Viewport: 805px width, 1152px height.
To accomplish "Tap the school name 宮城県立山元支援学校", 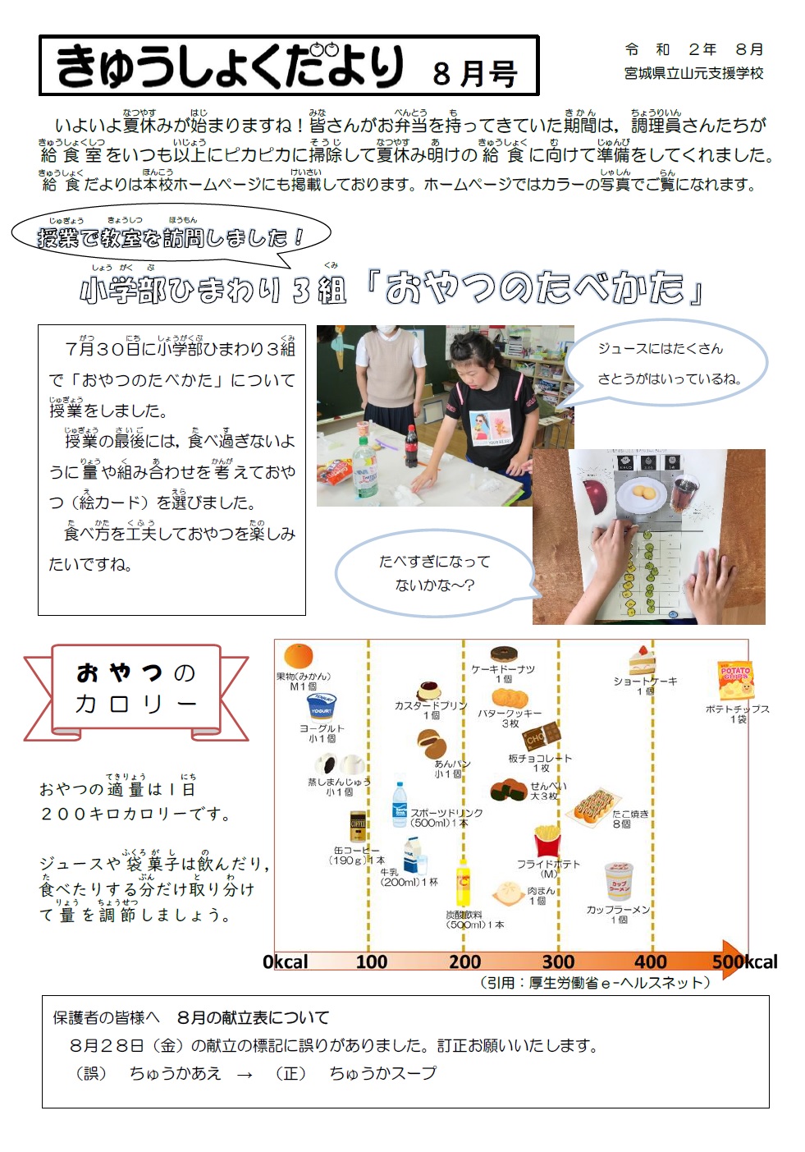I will tap(693, 73).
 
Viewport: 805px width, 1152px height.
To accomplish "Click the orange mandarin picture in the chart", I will tap(298, 657).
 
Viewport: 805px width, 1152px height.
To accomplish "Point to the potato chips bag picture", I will tap(735, 681).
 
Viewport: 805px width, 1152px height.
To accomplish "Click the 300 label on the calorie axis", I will tap(558, 962).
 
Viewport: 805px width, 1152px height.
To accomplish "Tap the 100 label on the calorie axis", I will tap(371, 962).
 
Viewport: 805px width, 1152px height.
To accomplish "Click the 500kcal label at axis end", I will tap(745, 962).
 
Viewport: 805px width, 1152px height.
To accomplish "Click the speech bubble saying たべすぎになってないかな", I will tap(434, 572).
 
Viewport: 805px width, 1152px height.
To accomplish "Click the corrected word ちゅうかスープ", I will tap(382, 1072).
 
